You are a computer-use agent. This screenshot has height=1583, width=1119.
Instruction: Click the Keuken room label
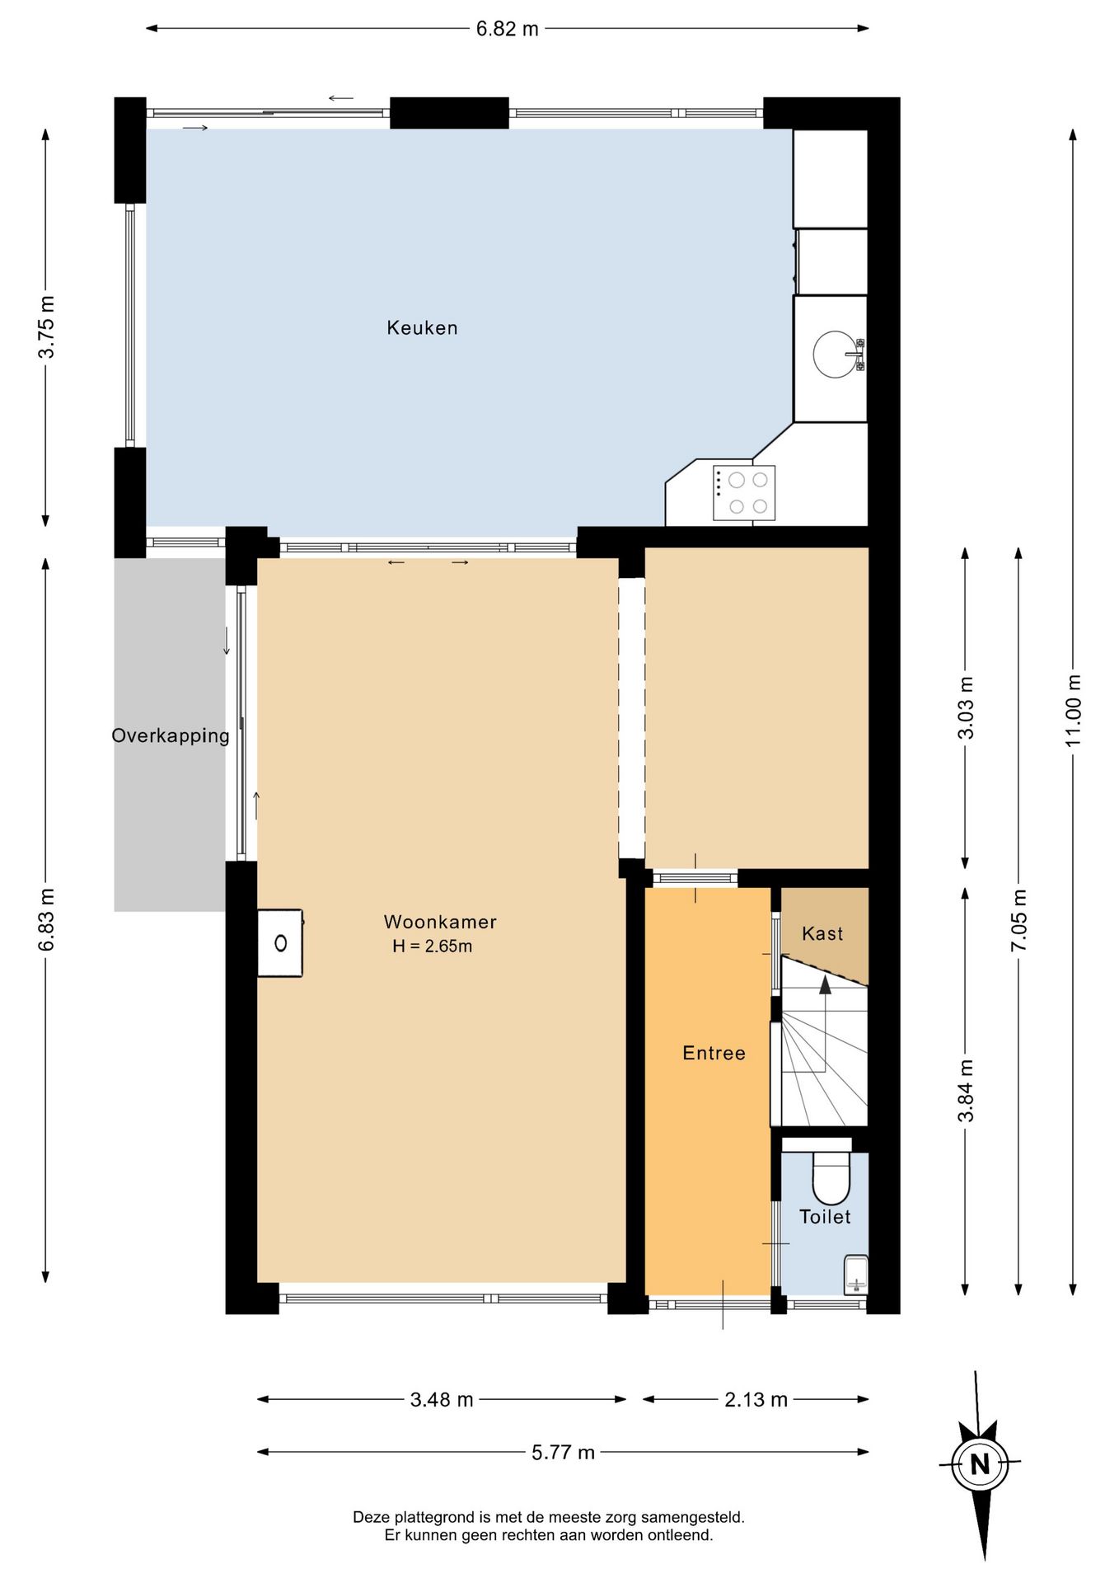click(422, 328)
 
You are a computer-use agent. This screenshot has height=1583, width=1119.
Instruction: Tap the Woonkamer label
click(440, 922)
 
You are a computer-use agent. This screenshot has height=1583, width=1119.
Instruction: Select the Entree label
click(714, 1053)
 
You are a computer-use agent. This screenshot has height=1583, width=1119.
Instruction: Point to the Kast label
click(822, 933)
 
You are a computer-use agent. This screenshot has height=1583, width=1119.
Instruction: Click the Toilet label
click(825, 1216)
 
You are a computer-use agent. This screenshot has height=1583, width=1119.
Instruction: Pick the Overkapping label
click(171, 735)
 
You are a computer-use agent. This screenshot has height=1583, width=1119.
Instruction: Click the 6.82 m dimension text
click(508, 29)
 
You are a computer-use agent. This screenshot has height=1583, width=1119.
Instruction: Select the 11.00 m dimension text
click(1073, 711)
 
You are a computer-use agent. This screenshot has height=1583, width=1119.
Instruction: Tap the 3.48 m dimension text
click(442, 1399)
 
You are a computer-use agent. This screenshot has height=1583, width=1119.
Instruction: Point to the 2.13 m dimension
click(756, 1399)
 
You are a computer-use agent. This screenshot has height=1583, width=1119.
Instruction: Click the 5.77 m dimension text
click(563, 1452)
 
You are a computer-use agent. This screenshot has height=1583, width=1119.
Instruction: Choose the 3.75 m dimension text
click(46, 326)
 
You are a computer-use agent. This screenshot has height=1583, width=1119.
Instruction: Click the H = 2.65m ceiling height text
click(433, 947)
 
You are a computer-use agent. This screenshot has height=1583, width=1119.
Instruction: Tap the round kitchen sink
click(835, 355)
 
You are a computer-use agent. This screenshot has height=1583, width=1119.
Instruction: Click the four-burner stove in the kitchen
click(744, 493)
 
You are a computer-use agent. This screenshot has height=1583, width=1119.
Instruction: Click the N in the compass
click(980, 1465)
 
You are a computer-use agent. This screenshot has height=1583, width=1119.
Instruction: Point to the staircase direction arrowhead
click(825, 984)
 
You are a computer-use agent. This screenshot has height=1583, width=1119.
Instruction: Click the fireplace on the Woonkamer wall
click(280, 943)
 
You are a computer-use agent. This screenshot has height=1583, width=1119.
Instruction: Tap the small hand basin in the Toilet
click(856, 1275)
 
